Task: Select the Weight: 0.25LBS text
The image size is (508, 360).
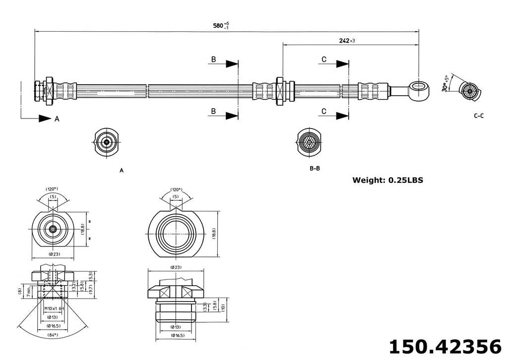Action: (x=387, y=180)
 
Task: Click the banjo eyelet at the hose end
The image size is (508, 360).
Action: (x=420, y=91)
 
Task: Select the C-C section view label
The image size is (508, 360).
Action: (x=479, y=116)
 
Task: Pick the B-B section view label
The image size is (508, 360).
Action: (x=315, y=168)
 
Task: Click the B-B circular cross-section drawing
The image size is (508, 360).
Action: (x=310, y=142)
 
